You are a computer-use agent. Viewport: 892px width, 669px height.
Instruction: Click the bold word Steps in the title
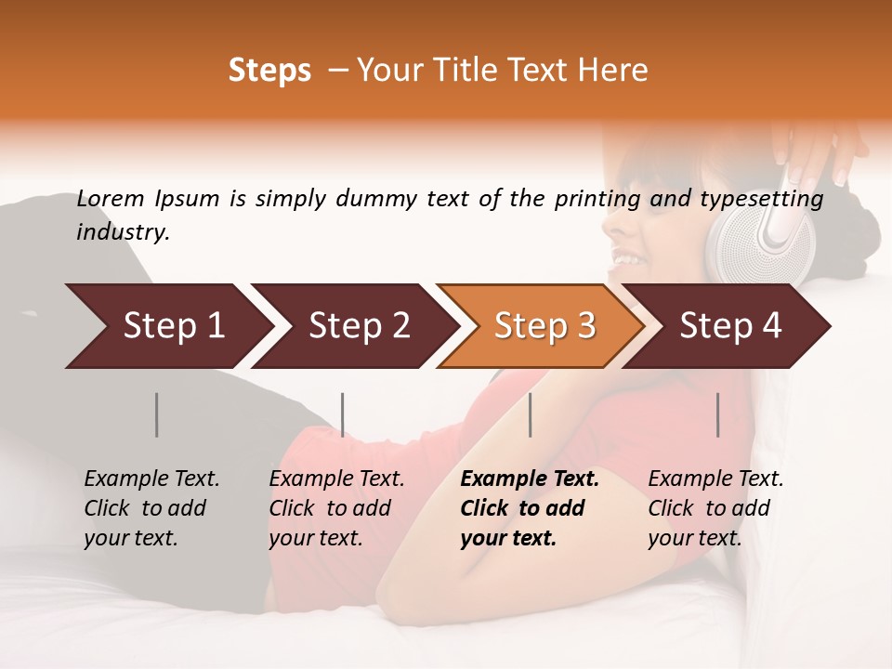[x=269, y=71]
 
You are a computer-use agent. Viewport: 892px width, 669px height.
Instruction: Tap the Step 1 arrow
[x=167, y=326]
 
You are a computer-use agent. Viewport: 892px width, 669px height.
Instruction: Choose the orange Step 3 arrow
[x=544, y=326]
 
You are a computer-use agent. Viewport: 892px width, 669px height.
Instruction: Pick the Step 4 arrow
[x=729, y=326]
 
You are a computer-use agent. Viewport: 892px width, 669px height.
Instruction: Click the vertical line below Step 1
[x=156, y=414]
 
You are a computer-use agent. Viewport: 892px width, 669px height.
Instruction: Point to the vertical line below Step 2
[x=343, y=414]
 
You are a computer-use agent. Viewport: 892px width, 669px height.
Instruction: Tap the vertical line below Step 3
[x=531, y=414]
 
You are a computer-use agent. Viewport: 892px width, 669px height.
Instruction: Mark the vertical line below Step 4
[x=718, y=414]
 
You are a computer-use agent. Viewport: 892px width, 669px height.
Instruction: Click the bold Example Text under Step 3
[x=530, y=508]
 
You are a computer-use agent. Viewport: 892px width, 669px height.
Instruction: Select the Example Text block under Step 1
[x=151, y=508]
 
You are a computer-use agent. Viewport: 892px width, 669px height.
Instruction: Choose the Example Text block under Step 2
[x=336, y=508]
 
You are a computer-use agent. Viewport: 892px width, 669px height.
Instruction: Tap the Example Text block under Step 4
[x=715, y=508]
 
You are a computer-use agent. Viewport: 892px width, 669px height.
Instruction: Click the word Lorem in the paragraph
[x=111, y=199]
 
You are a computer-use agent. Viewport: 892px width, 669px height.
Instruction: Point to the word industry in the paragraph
[x=122, y=232]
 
